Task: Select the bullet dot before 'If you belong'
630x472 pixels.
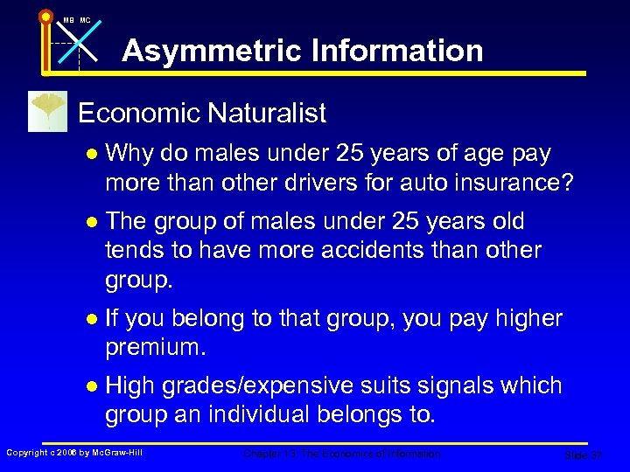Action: pos(91,319)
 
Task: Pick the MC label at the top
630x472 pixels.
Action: pos(85,19)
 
